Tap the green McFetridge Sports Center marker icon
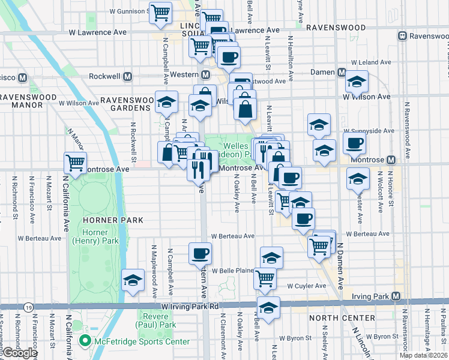[x=85, y=342]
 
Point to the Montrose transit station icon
[x=391, y=160]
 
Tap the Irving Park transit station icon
[x=396, y=296]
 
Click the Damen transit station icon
[x=341, y=72]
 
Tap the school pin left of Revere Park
[x=133, y=280]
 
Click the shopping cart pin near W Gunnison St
[x=160, y=12]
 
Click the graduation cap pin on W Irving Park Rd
[x=268, y=307]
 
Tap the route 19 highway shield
[x=29, y=307]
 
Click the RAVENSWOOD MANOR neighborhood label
[x=21, y=100]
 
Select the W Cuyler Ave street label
[x=307, y=286]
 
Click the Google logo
[x=20, y=353]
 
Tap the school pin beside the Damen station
[x=357, y=82]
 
